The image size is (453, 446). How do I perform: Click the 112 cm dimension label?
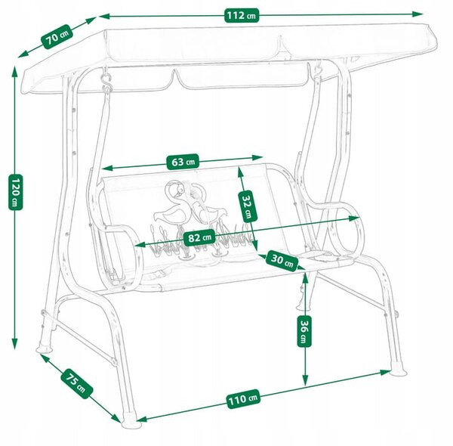[x=242, y=15]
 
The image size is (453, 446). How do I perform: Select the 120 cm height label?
[x=15, y=192]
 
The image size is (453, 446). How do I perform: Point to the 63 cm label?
[x=183, y=162]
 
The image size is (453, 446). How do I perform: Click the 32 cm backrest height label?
[x=247, y=206]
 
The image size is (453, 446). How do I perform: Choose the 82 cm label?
[x=199, y=238]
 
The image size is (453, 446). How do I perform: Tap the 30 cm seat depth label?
[x=282, y=261]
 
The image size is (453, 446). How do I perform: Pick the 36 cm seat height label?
[x=304, y=331]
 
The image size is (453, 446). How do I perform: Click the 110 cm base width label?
[x=243, y=399]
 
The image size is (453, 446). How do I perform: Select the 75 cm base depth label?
[x=76, y=383]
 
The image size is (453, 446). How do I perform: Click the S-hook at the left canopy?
[x=107, y=80]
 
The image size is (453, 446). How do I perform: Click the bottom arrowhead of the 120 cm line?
[x=14, y=344]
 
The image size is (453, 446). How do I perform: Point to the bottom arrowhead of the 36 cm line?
[x=305, y=380]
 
